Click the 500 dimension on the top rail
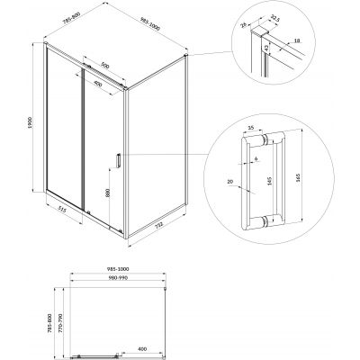tap(105, 65)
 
